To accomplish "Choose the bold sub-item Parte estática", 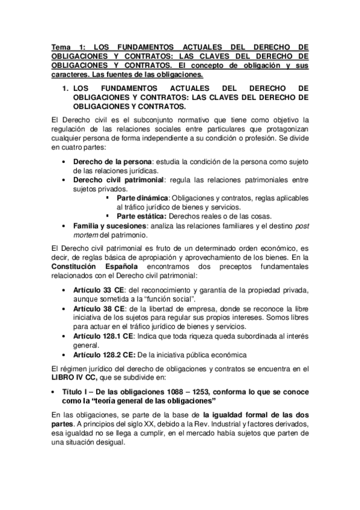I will click(x=142, y=217).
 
